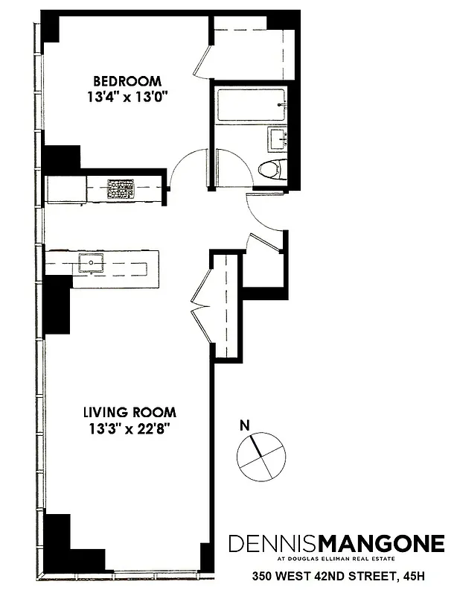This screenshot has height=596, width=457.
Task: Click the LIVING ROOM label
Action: click(130, 412)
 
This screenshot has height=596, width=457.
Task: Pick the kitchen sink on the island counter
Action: click(92, 263)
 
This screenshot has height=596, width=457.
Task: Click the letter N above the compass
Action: click(243, 426)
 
